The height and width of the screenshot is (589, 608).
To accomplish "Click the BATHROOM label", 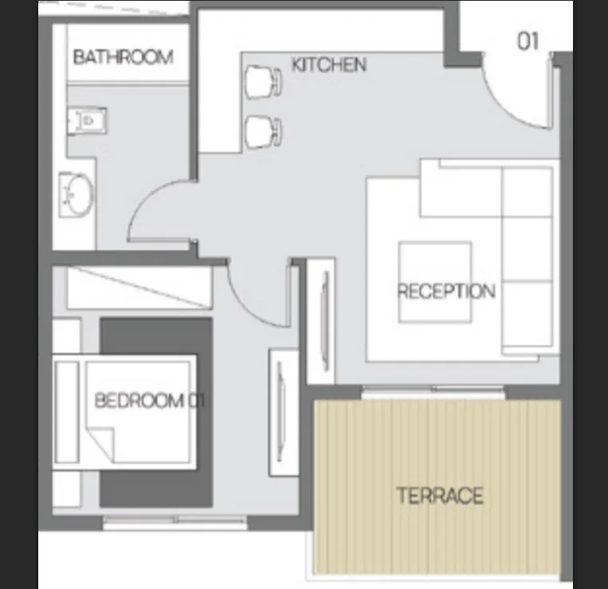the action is pyautogui.click(x=123, y=57).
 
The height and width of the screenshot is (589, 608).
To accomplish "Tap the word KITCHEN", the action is pyautogui.click(x=329, y=65).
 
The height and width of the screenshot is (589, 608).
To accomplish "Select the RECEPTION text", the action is pyautogui.click(x=446, y=291).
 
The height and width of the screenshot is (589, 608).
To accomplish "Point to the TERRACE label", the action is pyautogui.click(x=440, y=496).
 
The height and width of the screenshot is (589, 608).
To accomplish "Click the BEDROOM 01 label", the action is pyautogui.click(x=150, y=400).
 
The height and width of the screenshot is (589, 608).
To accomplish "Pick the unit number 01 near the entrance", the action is pyautogui.click(x=528, y=41).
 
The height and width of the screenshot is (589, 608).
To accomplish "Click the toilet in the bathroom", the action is pyautogui.click(x=87, y=121).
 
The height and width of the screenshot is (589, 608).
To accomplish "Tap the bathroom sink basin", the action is pyautogui.click(x=76, y=194).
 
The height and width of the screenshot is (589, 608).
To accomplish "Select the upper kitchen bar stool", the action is pyautogui.click(x=264, y=82).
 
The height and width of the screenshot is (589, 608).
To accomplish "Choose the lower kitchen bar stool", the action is pyautogui.click(x=264, y=132).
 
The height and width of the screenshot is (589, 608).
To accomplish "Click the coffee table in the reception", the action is pyautogui.click(x=435, y=282).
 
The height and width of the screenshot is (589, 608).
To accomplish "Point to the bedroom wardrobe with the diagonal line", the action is pyautogui.click(x=139, y=287).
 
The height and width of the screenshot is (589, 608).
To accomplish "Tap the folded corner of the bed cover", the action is pyautogui.click(x=101, y=443).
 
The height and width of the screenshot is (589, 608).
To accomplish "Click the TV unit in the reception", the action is pyautogui.click(x=321, y=320).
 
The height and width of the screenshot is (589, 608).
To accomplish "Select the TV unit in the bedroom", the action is pyautogui.click(x=284, y=413).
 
